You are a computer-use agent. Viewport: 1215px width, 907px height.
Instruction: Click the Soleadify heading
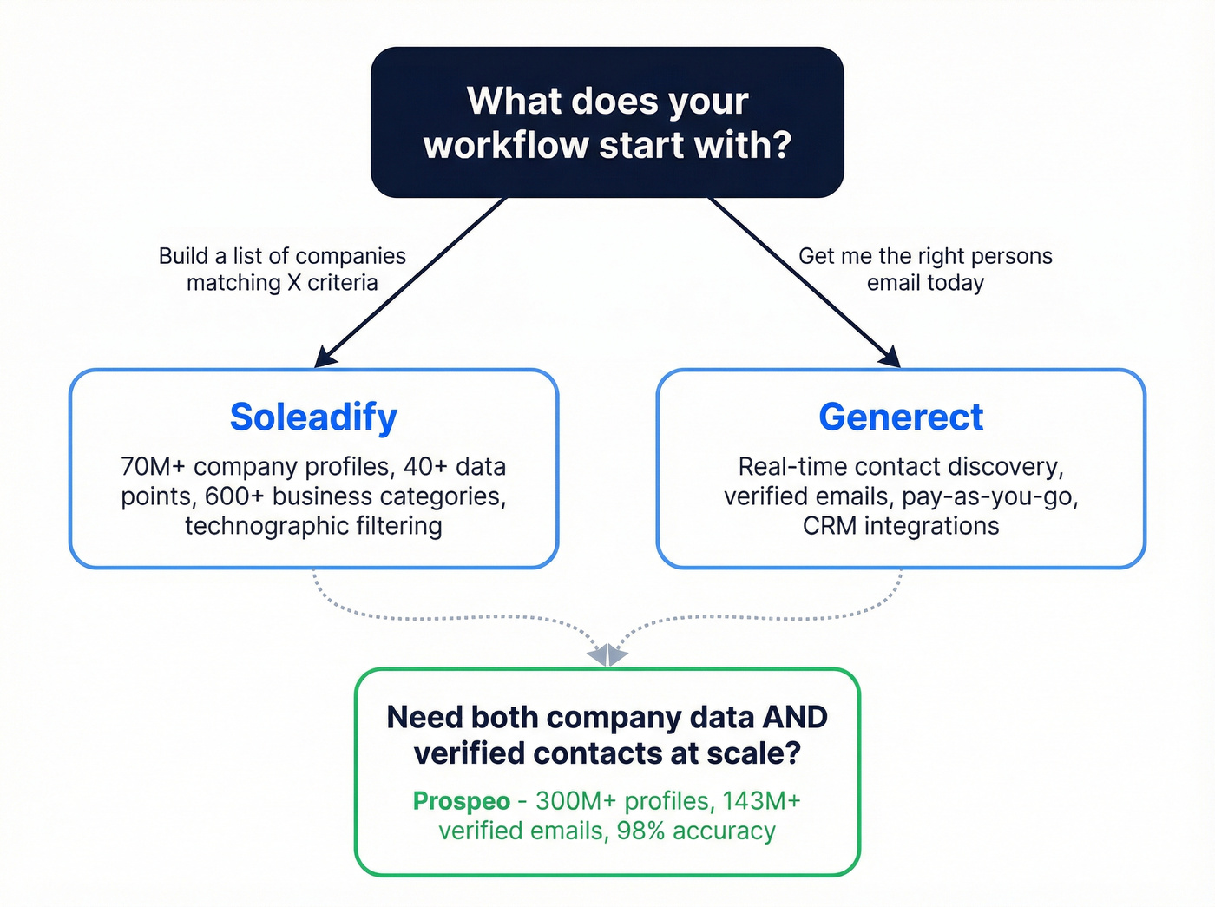[x=313, y=417]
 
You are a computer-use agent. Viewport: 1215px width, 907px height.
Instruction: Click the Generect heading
[x=901, y=417]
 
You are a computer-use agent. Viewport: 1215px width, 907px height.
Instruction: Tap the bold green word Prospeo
[x=461, y=801]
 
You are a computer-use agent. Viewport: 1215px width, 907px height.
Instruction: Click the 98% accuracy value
[x=640, y=831]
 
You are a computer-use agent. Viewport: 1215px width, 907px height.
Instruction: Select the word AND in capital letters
[x=794, y=718]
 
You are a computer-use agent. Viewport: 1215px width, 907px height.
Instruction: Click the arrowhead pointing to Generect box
[x=890, y=358]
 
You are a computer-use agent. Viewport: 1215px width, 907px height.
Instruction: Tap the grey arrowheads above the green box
[x=607, y=654]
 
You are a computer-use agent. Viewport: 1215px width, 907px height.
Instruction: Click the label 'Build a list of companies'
[x=282, y=256]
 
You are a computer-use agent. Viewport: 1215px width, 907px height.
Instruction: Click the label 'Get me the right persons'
[x=925, y=256]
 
